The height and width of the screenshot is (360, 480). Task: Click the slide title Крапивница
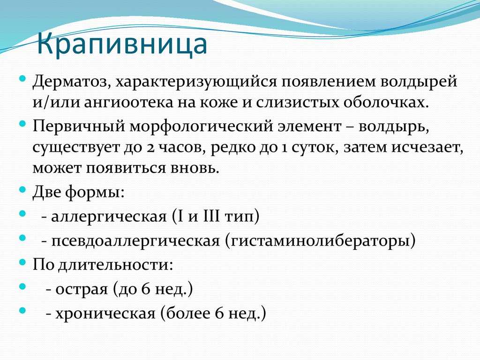(122, 44)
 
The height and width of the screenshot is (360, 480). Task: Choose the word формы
(98, 192)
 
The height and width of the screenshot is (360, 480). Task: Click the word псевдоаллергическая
(136, 241)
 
